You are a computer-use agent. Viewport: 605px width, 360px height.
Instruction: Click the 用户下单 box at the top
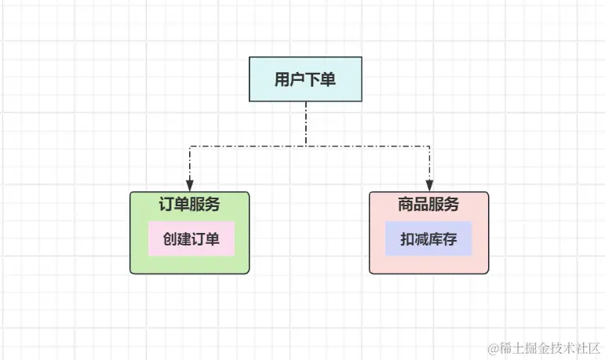(x=305, y=79)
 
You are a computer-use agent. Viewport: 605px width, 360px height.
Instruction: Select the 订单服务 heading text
(x=189, y=205)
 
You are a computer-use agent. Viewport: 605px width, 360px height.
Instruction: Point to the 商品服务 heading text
(x=428, y=205)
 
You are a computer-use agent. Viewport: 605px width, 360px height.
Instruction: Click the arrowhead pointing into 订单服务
(x=189, y=187)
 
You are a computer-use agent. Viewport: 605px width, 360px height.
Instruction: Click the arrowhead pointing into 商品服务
(x=429, y=187)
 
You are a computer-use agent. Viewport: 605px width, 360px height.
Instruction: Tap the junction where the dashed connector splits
(x=306, y=146)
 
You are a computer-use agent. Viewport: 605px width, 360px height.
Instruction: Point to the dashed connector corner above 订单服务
(x=189, y=146)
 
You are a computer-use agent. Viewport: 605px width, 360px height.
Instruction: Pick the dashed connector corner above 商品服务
(x=429, y=146)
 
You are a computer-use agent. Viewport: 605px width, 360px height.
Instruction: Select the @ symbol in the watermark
(x=493, y=347)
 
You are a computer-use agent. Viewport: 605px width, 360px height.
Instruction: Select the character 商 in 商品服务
(x=406, y=205)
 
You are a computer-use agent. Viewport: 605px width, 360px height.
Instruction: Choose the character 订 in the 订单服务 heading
(x=166, y=205)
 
